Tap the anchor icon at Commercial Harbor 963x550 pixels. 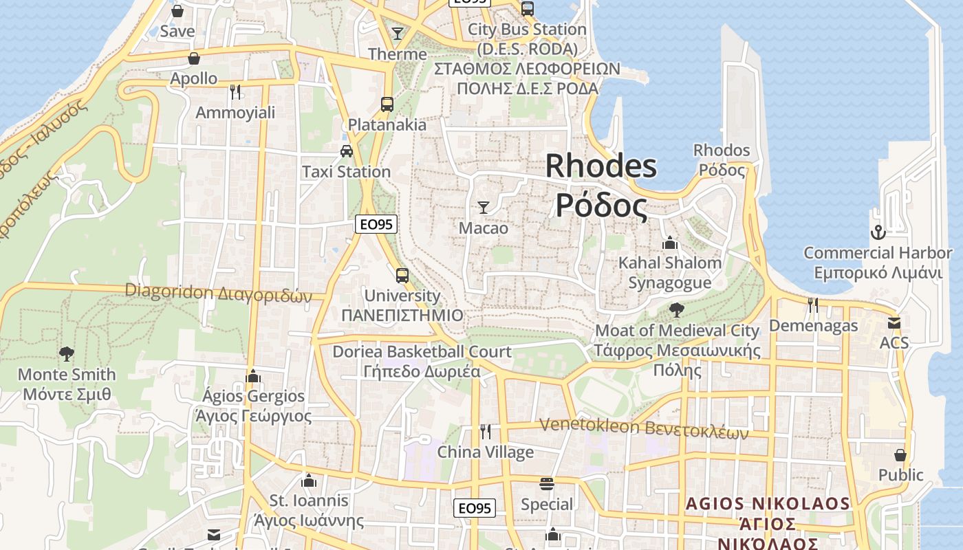[x=877, y=232]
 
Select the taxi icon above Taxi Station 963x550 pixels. [x=347, y=151]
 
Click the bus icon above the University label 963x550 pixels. [x=402, y=276]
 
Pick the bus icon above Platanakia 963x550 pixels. [x=387, y=104]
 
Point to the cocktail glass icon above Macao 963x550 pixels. [x=484, y=207]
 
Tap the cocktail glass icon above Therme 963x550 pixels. [x=398, y=33]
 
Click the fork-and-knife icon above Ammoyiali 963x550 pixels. [x=235, y=91]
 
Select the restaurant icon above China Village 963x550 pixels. [x=486, y=431]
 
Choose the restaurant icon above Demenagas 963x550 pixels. [x=813, y=305]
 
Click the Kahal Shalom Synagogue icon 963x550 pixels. [x=670, y=243]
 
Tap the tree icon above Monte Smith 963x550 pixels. [x=67, y=354]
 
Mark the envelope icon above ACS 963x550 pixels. [x=894, y=322]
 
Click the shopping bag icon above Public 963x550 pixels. [x=900, y=454]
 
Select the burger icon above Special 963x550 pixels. [x=547, y=484]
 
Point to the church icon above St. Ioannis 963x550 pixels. [x=309, y=480]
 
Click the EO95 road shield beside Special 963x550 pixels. [x=475, y=508]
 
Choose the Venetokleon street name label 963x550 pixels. [x=643, y=427]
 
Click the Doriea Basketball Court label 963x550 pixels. [x=422, y=352]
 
